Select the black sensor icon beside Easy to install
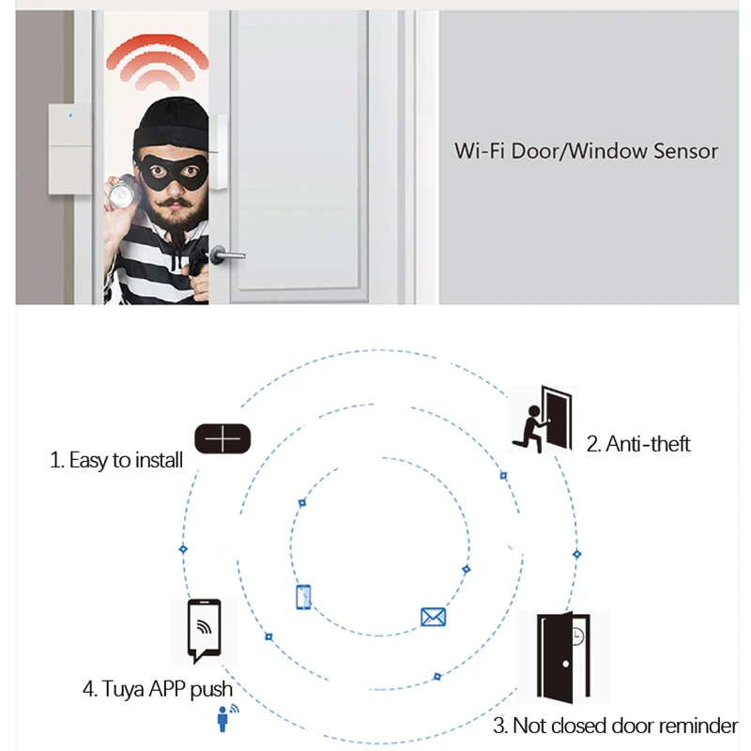click(x=223, y=439)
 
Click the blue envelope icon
click(x=433, y=617)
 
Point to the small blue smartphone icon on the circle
click(x=303, y=596)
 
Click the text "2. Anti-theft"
click(x=638, y=444)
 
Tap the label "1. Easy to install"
click(x=116, y=461)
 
